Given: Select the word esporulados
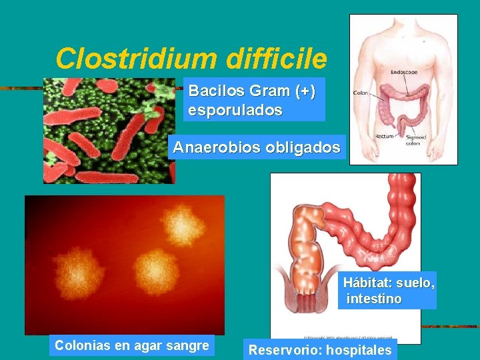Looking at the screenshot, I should tap(235, 110).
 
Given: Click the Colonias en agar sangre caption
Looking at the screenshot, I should tap(131, 345).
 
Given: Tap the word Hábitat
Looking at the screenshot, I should tap(367, 283).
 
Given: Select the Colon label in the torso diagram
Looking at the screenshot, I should tap(361, 93).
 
